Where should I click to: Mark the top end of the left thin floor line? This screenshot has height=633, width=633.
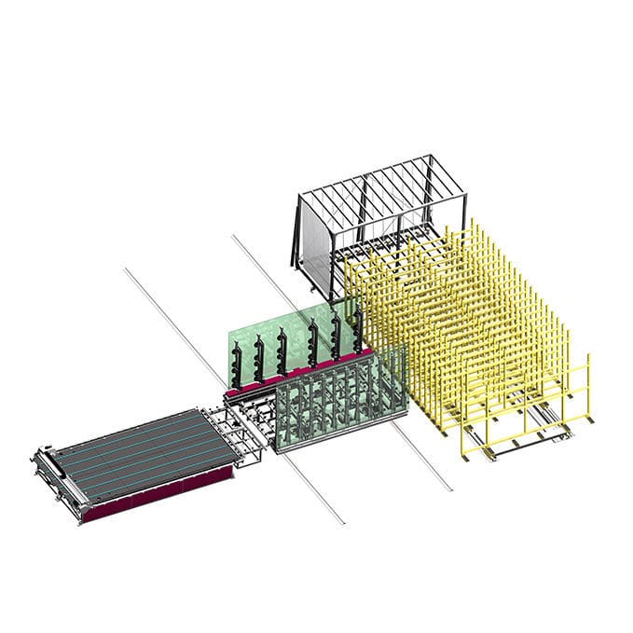(x=125, y=268)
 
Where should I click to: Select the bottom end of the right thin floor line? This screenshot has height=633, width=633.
(x=451, y=489)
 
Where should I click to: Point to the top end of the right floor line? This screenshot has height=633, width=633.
(x=232, y=237)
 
